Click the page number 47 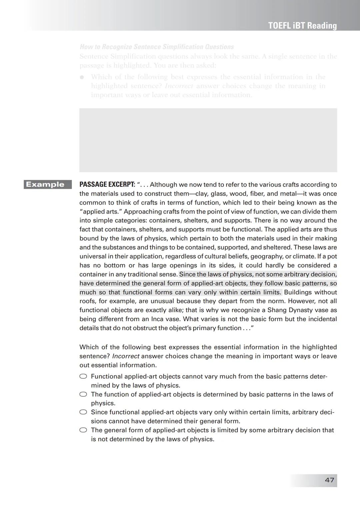coord(329,480)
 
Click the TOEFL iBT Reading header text coord(302,26)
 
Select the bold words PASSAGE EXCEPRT coord(107,185)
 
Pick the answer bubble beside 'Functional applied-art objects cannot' coord(83,376)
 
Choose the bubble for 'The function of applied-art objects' coord(83,394)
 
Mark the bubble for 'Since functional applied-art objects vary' coord(83,412)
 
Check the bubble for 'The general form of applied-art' coord(83,430)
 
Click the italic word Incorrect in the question coord(126,356)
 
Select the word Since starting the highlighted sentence coord(187,274)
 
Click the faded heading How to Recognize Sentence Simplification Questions coord(157,47)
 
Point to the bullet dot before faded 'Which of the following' coord(82,77)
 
